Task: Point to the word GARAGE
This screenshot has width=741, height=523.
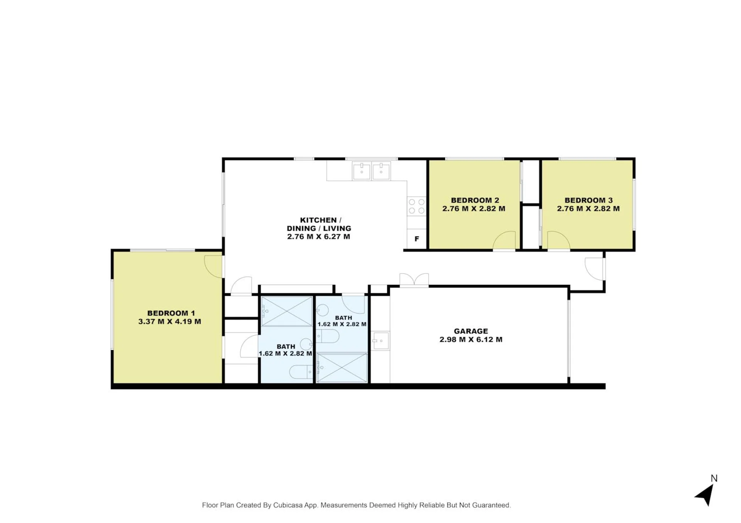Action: [471, 331]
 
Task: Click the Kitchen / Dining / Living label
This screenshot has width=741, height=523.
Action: [319, 228]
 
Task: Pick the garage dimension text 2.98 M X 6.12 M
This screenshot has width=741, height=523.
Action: [471, 340]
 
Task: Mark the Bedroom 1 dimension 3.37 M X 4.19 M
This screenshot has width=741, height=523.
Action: [170, 321]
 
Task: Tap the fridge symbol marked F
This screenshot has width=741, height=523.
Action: [417, 239]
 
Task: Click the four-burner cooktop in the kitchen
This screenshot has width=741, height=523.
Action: [417, 206]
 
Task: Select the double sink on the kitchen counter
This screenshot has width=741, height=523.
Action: [371, 171]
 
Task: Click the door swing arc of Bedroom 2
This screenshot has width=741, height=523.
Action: [505, 240]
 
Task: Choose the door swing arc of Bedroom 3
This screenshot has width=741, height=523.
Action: [558, 240]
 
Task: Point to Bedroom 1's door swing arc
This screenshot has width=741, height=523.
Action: [213, 266]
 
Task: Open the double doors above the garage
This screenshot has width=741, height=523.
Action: [414, 280]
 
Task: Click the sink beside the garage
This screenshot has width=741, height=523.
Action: [381, 341]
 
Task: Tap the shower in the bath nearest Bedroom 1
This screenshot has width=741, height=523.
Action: [287, 311]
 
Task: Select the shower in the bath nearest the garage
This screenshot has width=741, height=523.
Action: [342, 368]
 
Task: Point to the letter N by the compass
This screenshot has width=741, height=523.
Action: [714, 478]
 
